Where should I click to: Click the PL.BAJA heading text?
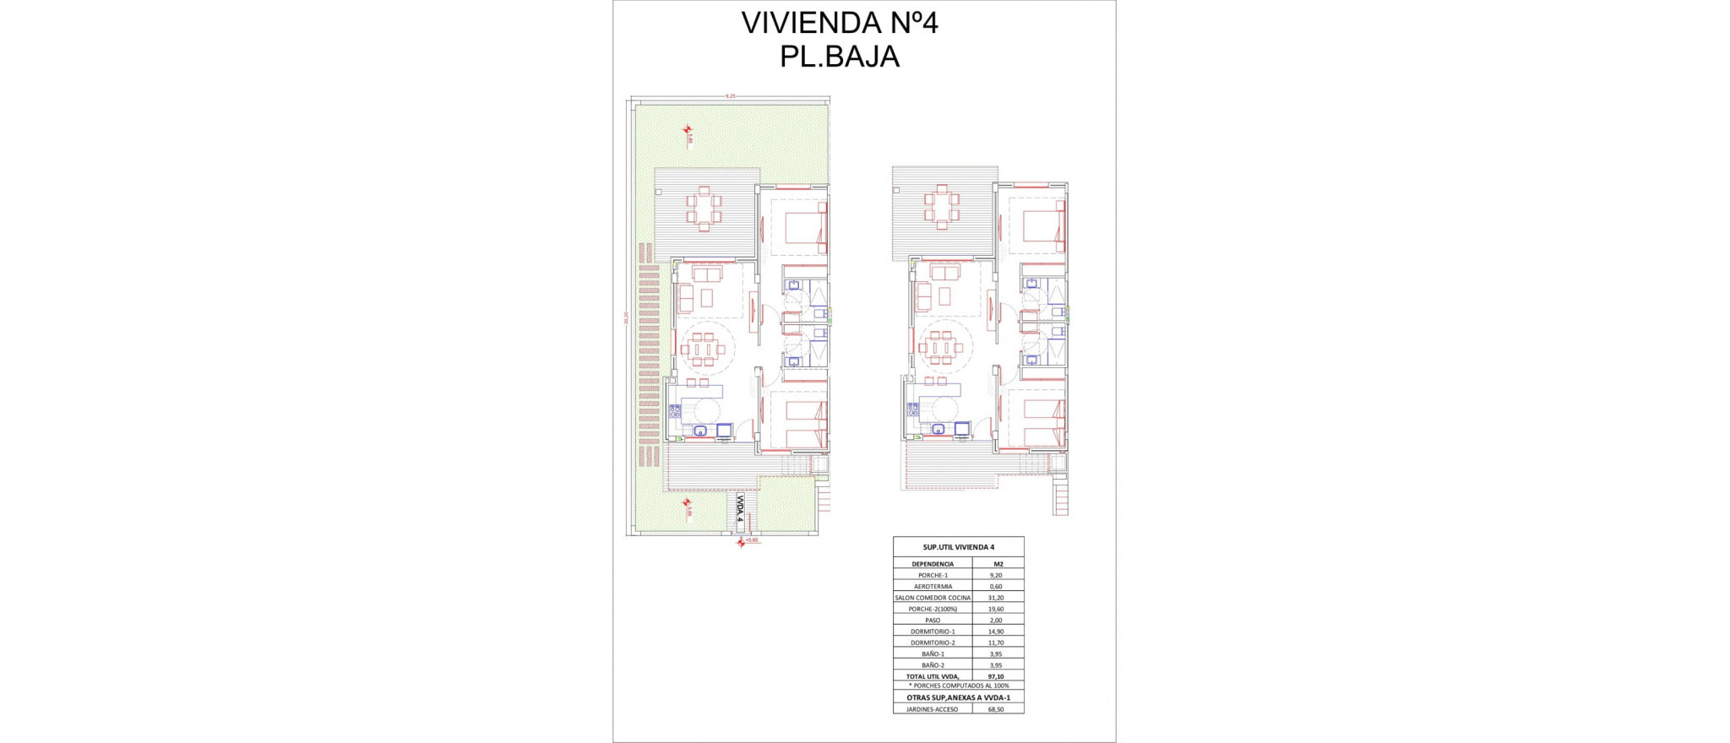coord(839,57)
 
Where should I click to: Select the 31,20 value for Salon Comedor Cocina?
coord(996,598)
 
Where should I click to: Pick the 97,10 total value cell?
coord(996,676)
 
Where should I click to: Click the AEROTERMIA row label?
coord(933,586)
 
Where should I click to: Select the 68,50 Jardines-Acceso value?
coord(996,709)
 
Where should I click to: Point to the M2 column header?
coord(998,564)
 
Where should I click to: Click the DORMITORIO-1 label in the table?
coord(933,632)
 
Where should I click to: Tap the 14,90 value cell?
coord(996,632)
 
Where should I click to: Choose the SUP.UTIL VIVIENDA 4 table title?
coord(959,547)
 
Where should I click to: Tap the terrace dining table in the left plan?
coord(704,209)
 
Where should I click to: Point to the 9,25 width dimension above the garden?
coord(730,96)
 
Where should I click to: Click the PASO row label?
coord(933,621)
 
